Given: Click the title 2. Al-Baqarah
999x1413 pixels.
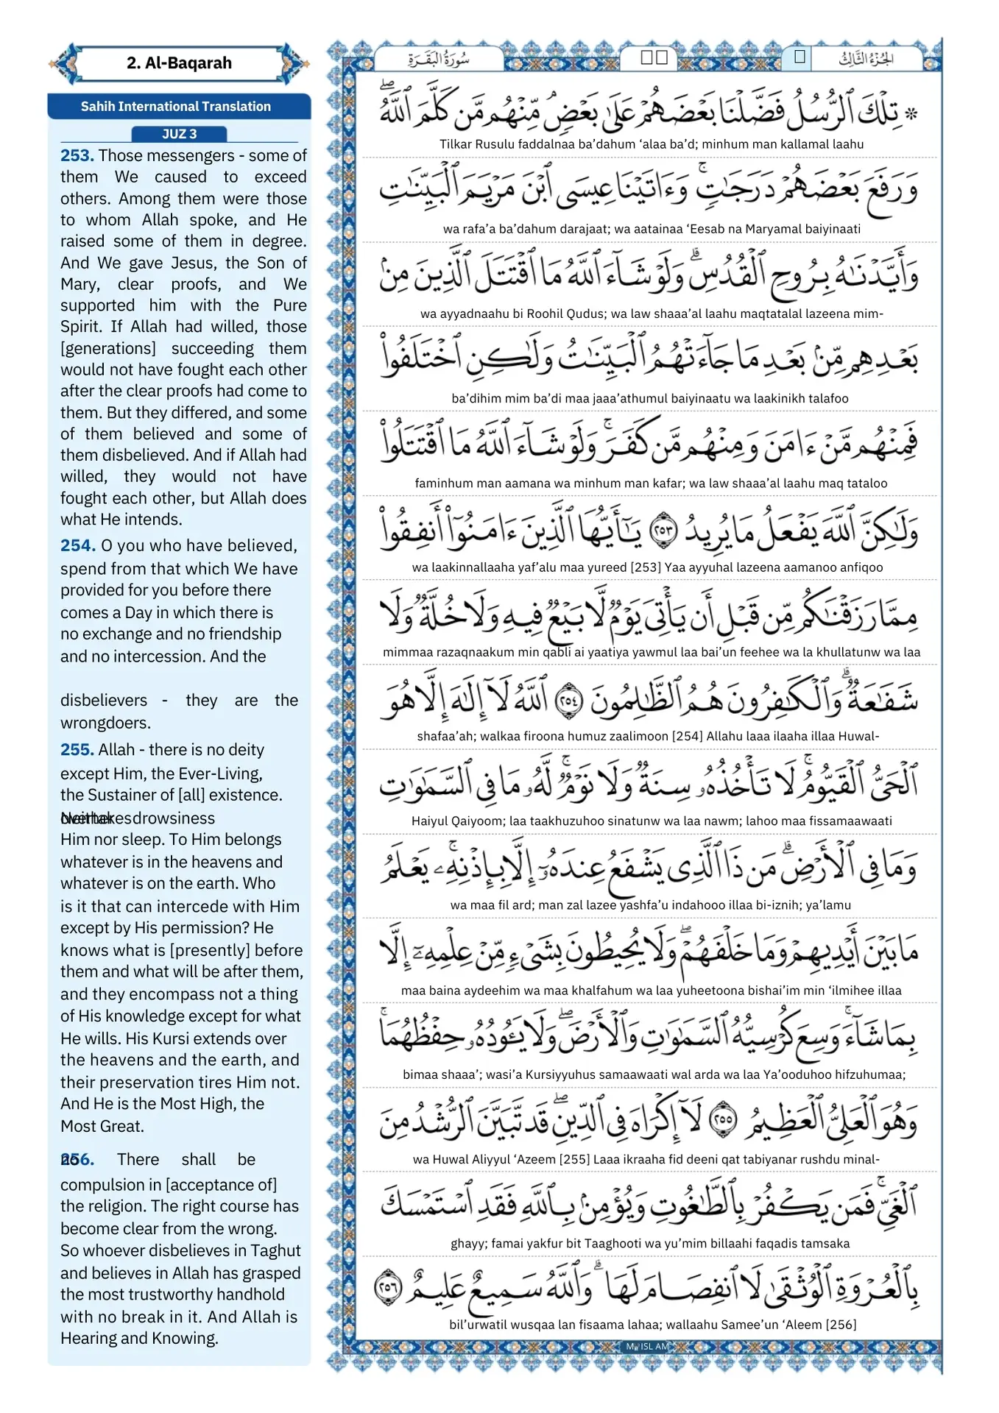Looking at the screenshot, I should [179, 63].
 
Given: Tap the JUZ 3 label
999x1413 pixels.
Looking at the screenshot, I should [179, 134].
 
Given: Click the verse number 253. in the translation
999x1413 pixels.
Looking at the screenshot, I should [77, 155].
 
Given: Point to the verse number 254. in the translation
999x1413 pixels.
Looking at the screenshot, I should [77, 545].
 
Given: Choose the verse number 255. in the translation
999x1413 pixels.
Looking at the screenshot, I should [77, 749].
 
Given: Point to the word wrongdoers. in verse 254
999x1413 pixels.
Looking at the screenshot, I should [105, 723].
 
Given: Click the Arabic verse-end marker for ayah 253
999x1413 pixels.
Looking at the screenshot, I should [664, 529].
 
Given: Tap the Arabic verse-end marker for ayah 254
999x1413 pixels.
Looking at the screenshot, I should [568, 698].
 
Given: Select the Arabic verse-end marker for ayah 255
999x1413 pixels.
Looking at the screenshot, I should [722, 1121].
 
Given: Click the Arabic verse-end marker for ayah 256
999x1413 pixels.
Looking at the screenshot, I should [388, 1289].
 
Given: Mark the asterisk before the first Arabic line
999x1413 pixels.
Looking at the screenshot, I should [911, 114].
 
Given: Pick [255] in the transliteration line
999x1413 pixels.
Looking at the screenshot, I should [573, 1159].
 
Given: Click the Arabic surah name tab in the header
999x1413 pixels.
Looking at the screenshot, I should [439, 59].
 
